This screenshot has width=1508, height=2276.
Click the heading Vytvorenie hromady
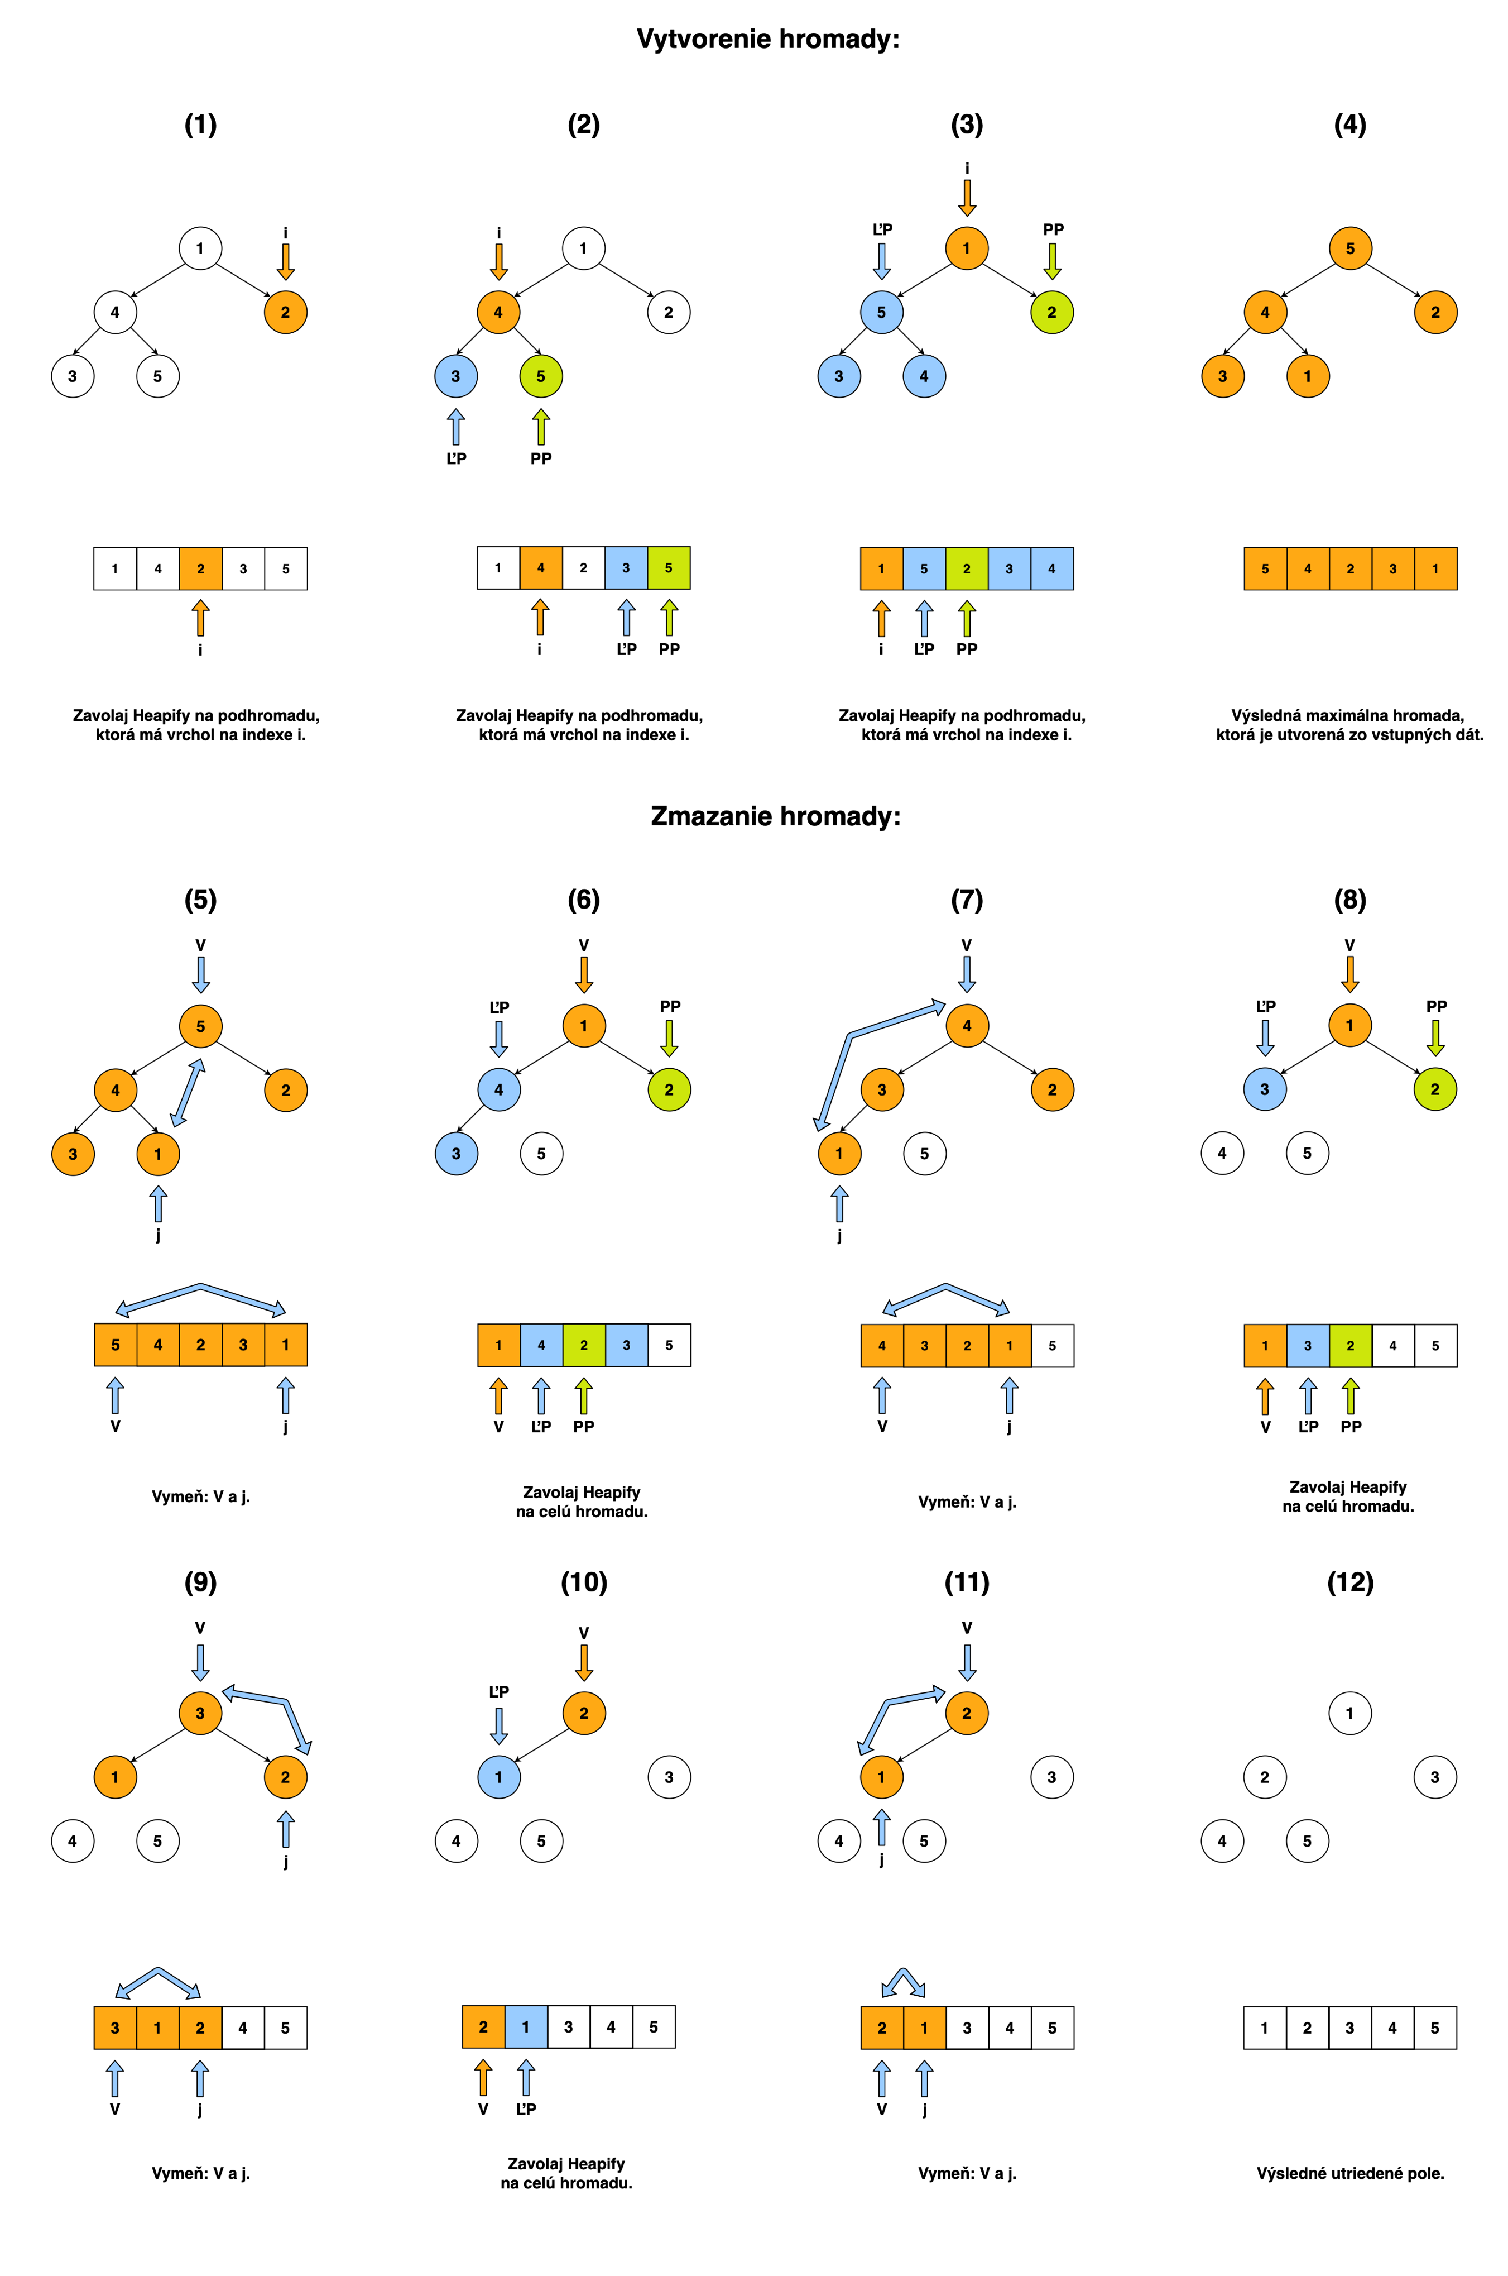coord(767,40)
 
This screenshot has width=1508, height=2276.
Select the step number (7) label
coord(967,900)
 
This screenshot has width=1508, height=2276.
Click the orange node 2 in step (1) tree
coord(286,312)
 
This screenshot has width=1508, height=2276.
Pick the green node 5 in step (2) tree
coord(540,376)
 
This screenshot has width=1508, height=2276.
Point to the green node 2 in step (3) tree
coord(1051,312)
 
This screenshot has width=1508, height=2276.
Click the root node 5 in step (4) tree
coord(1350,248)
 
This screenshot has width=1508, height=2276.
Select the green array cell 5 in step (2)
coord(669,567)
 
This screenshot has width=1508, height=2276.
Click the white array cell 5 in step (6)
coord(669,1345)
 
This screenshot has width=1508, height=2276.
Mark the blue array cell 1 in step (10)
coord(526,2027)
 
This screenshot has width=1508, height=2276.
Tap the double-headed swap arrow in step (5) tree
coord(188,1093)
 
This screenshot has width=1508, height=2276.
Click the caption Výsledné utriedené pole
coord(1350,2173)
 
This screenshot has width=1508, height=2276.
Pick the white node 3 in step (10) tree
coord(669,1777)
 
